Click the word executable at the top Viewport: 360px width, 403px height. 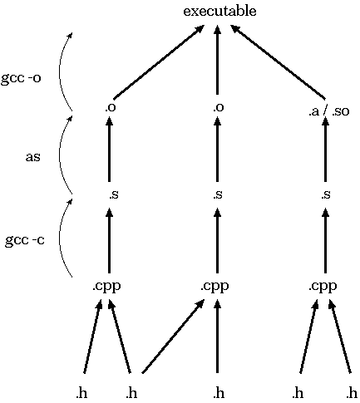coord(219,12)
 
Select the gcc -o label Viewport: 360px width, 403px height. coord(21,78)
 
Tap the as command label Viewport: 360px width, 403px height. coord(33,157)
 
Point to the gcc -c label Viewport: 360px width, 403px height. coord(25,240)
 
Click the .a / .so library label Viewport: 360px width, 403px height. coord(329,111)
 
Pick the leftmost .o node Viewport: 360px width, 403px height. coord(111,107)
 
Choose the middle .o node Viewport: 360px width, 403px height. coord(219,107)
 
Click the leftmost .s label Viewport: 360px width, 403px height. coord(114,194)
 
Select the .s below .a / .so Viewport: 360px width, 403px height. coord(326,194)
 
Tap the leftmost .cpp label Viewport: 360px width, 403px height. coord(106,286)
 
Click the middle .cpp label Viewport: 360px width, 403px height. coord(215,286)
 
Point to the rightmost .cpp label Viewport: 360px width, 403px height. coord(323,286)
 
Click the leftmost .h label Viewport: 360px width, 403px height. coord(81,393)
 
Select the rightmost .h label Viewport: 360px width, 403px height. coord(352,393)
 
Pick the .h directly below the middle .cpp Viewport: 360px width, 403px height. coord(219,393)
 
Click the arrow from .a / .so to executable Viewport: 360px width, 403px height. coord(278,61)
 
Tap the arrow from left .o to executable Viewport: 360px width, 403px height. coord(159,62)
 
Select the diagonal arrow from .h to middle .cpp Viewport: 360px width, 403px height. coord(174,337)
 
